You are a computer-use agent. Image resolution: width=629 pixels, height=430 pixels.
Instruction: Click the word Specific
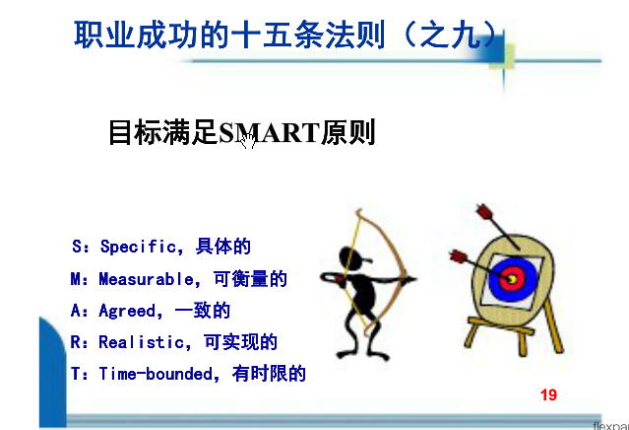(139, 247)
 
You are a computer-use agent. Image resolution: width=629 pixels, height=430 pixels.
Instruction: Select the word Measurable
(147, 279)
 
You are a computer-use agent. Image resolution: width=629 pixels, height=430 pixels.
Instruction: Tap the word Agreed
(127, 311)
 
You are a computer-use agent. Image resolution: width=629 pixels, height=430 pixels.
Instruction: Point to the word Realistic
(142, 342)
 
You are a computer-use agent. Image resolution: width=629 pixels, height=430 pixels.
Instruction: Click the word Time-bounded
(157, 374)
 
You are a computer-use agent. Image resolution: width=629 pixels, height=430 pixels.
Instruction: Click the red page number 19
(548, 394)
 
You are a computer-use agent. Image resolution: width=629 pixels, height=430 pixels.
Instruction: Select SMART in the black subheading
(269, 133)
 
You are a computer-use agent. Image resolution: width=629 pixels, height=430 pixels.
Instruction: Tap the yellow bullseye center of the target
(512, 278)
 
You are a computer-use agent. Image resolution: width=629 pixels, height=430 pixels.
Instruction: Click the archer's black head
(350, 256)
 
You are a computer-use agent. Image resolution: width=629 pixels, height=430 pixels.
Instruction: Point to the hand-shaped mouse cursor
(248, 140)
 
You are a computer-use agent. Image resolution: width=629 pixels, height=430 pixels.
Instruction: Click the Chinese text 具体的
(223, 247)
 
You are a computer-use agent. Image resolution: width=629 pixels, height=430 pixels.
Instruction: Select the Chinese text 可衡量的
(250, 279)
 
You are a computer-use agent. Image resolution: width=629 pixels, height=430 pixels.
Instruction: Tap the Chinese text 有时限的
(269, 374)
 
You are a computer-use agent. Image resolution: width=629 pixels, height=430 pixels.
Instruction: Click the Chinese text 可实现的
(241, 342)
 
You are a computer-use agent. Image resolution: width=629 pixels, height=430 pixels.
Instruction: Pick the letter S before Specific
(77, 247)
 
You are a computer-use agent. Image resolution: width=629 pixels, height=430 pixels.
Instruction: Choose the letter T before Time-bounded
(76, 374)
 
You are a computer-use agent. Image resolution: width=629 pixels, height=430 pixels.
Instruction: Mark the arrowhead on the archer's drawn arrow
(411, 278)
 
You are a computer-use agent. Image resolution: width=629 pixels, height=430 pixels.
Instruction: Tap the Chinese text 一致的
(203, 311)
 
